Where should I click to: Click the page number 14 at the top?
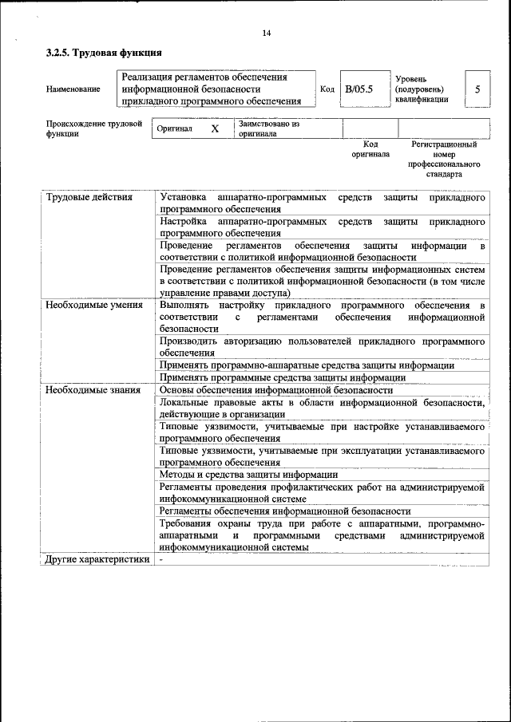267,33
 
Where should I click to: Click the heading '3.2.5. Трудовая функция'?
104,53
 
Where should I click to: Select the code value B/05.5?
358,89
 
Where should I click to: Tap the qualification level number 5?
477,89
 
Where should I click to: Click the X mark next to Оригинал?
215,128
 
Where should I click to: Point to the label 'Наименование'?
73,89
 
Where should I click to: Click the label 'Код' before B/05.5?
327,89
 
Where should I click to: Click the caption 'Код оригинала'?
370,149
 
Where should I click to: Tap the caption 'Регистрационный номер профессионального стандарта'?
444,159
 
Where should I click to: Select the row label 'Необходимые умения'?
93,305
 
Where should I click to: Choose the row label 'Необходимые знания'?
93,390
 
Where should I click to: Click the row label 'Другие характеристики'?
97,559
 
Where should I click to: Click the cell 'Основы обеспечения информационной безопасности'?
275,390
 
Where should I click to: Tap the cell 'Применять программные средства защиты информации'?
283,377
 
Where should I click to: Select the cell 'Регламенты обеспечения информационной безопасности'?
285,511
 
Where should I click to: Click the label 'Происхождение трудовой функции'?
93,129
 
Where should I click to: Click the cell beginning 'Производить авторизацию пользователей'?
322,346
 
